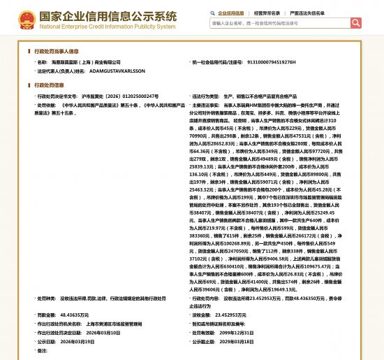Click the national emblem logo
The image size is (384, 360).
27,19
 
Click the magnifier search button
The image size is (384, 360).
356,23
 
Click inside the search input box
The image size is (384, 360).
279,23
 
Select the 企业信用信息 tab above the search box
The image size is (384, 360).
231,13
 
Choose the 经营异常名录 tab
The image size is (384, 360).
267,13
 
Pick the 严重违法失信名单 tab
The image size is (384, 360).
307,13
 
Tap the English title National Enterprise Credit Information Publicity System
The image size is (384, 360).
108,27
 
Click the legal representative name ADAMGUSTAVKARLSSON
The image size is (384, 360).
117,71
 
